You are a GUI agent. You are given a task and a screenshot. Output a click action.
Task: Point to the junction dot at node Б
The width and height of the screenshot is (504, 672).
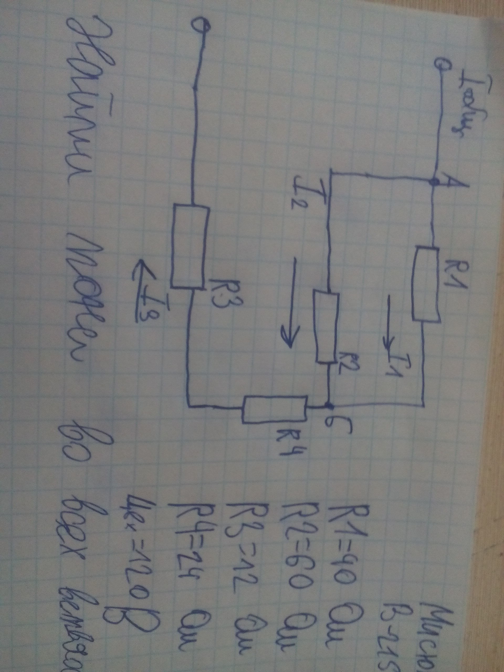(x=329, y=405)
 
